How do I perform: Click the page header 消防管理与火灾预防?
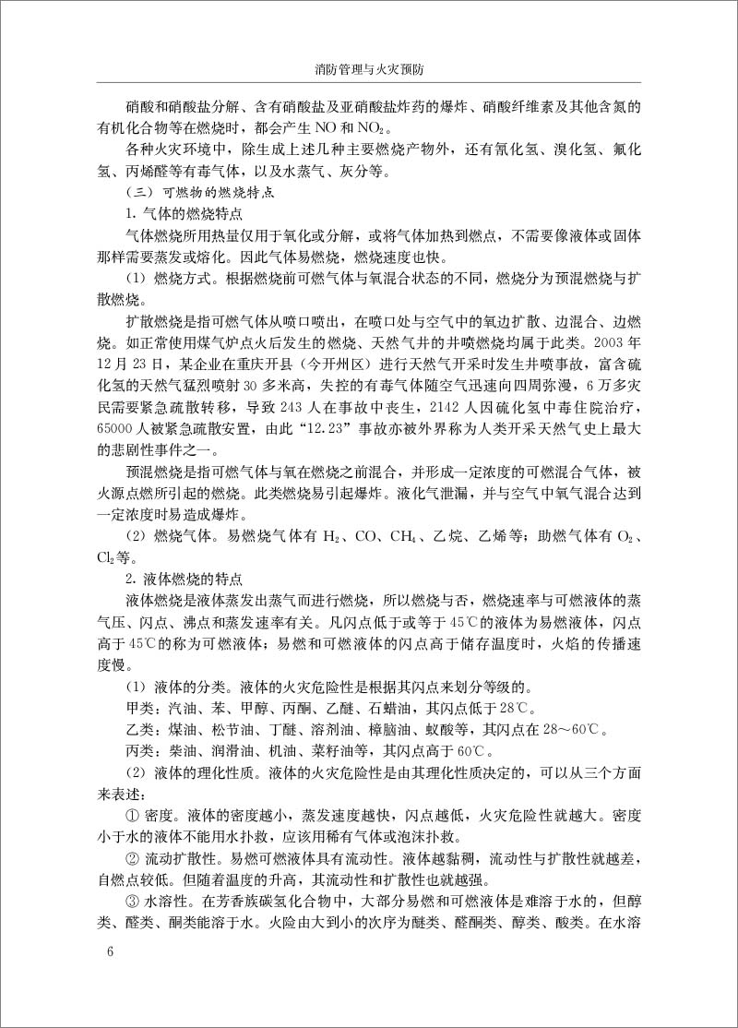click(x=368, y=69)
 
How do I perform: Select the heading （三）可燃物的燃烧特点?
click(x=196, y=196)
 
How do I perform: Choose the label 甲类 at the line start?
click(x=138, y=709)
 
